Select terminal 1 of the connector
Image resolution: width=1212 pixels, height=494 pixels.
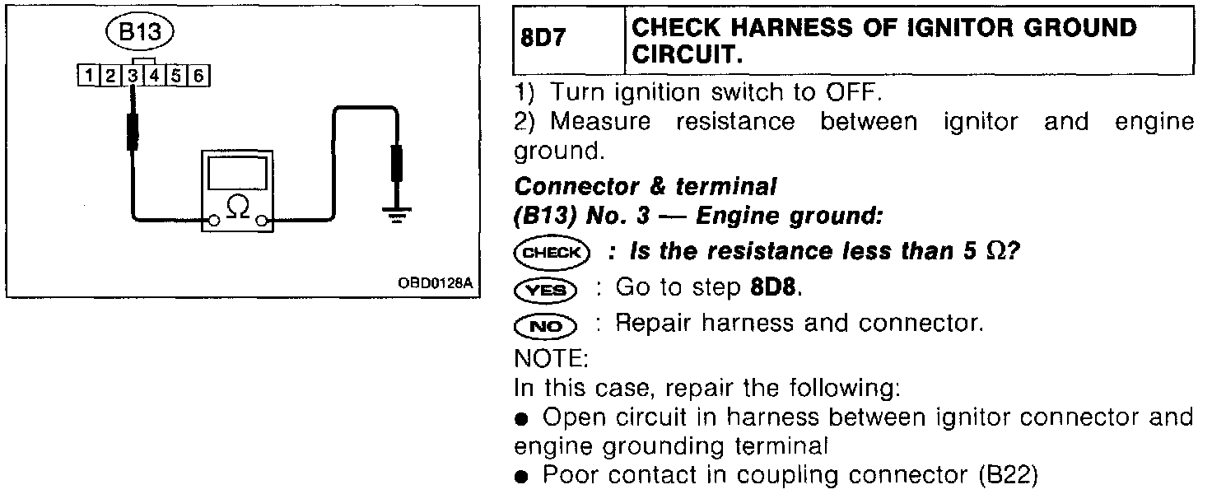tap(86, 77)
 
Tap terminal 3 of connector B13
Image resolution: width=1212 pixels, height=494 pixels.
tap(132, 77)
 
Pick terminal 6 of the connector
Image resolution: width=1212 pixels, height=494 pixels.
tap(199, 77)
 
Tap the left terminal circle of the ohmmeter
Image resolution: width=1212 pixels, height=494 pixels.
tap(213, 221)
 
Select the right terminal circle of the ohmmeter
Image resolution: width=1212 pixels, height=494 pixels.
tap(263, 221)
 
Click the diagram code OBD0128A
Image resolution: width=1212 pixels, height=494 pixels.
tap(436, 283)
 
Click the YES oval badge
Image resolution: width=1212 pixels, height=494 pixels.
tap(544, 289)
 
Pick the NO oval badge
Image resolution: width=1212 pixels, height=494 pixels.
tap(544, 326)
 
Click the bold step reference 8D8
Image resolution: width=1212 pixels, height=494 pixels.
tap(775, 288)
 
